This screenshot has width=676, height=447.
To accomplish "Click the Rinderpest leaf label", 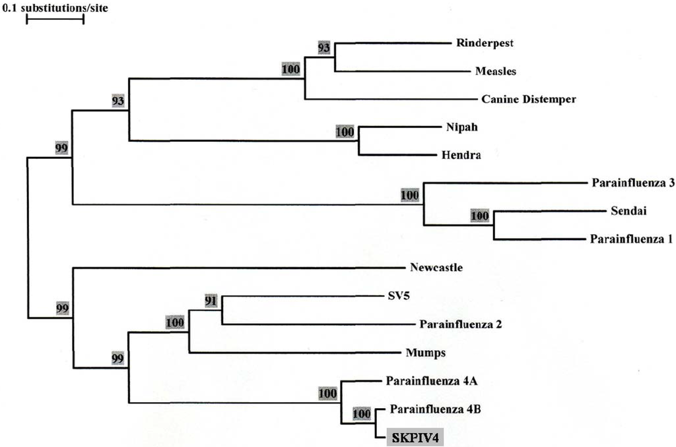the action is click(x=485, y=44).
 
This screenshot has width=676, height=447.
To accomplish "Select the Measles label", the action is click(x=495, y=71).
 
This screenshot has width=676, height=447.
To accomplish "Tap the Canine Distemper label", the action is click(x=529, y=100).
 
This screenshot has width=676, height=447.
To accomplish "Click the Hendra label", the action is click(x=456, y=156).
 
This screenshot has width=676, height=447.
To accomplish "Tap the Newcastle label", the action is click(x=436, y=268).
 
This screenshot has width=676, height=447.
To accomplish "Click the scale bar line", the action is click(x=55, y=18).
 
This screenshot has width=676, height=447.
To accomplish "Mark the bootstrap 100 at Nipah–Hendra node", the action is click(x=345, y=132).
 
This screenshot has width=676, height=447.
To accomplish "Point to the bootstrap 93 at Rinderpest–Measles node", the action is click(x=324, y=49).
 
